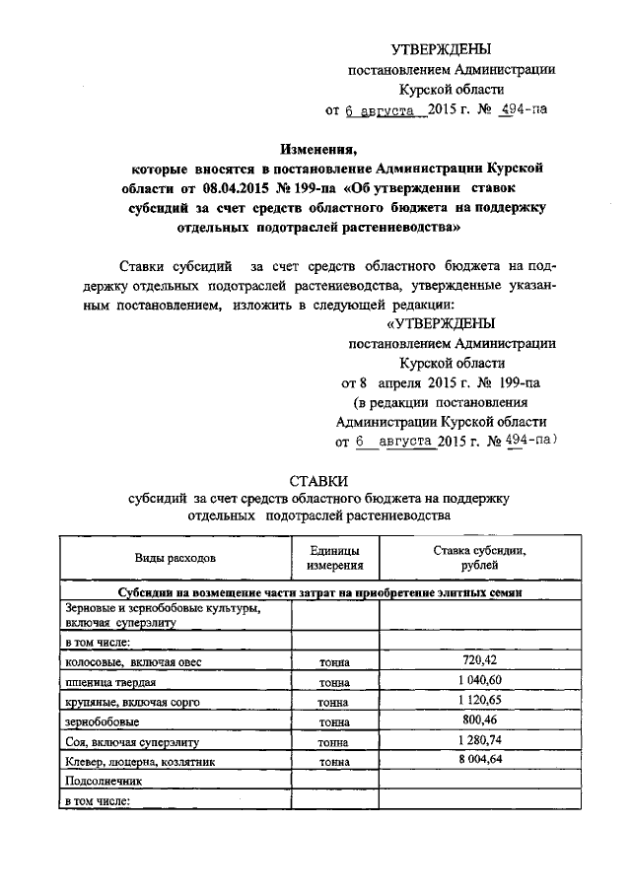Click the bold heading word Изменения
318,151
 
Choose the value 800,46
479,720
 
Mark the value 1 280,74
479,740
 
